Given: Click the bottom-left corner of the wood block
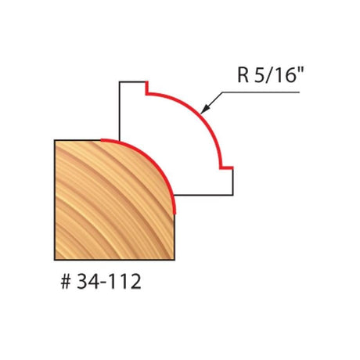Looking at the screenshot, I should [x=55, y=260].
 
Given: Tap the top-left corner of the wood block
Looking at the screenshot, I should [x=55, y=140].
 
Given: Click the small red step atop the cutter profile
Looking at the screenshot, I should [x=147, y=91].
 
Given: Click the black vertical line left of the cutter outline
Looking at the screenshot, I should [x=118, y=110].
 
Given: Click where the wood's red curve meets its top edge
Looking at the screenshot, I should [x=103, y=141].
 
